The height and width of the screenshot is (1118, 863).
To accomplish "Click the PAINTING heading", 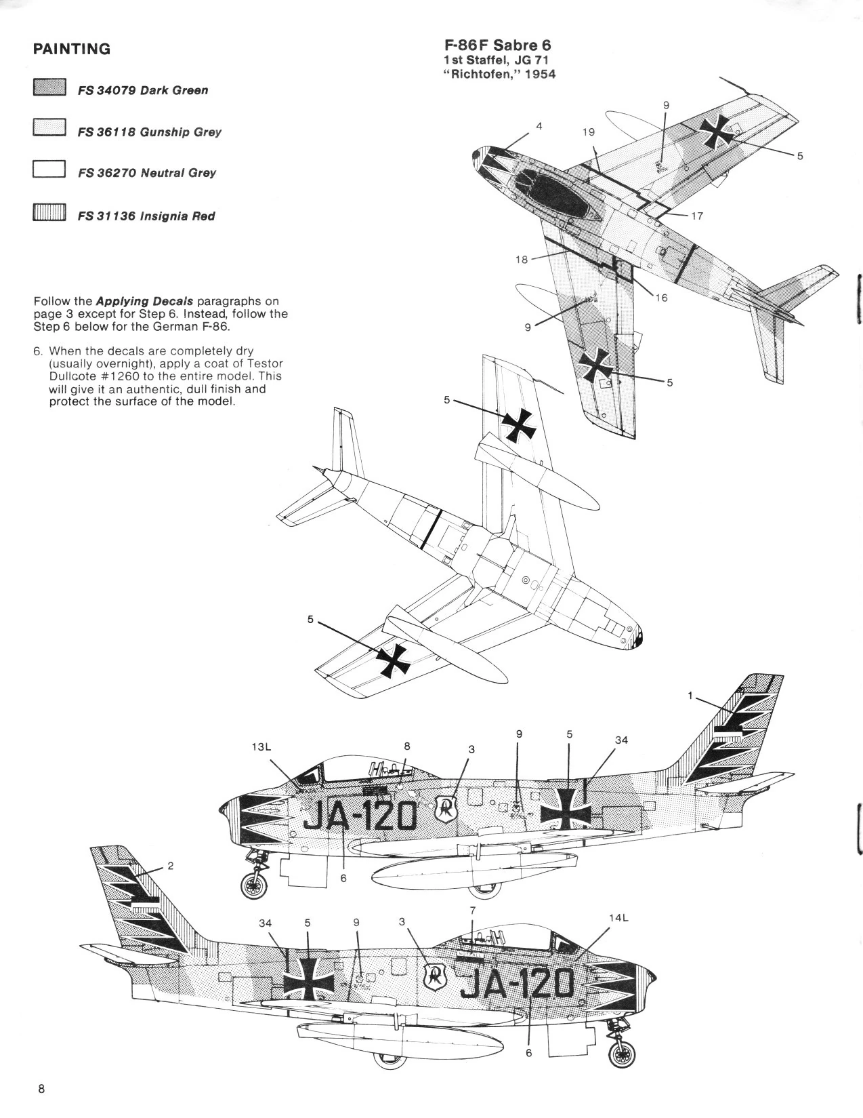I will [x=71, y=49].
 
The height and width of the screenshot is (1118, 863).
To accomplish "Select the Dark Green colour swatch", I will [x=48, y=88].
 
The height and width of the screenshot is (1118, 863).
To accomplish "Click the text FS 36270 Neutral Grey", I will [x=146, y=173].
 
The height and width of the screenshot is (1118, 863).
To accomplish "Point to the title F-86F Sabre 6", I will [x=497, y=45].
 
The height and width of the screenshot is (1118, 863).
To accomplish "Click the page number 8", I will [x=41, y=1089].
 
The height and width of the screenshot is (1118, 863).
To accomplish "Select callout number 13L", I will [x=261, y=746].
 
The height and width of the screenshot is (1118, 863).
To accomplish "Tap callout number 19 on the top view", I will [x=589, y=132].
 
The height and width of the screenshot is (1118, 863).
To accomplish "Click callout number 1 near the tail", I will [x=690, y=696].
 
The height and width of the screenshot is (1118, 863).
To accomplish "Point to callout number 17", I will [x=697, y=216].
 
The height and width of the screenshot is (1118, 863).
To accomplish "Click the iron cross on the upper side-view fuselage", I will [x=568, y=809].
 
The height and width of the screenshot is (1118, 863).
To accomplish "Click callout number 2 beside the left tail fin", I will [x=171, y=866].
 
